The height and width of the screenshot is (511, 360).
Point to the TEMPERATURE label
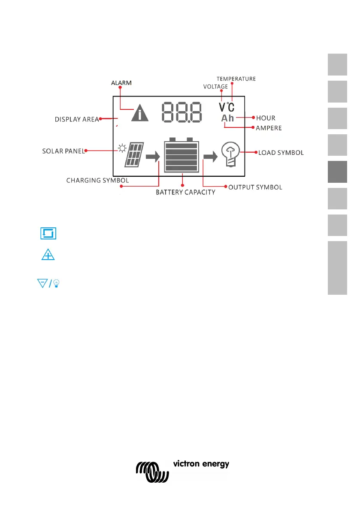tap(236, 79)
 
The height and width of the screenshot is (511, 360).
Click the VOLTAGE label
tap(215, 87)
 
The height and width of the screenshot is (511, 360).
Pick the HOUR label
tap(266, 118)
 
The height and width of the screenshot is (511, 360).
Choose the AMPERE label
tap(269, 128)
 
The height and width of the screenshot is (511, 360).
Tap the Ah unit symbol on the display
tap(228, 118)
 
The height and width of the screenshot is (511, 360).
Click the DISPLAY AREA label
tap(77, 119)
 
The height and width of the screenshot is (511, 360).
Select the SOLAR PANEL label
tap(63, 151)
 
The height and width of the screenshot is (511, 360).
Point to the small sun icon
tap(123, 149)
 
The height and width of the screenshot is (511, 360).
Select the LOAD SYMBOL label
tap(281, 152)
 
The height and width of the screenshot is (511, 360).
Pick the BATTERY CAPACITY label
tap(185, 192)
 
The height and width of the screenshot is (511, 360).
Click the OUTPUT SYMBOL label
tap(255, 187)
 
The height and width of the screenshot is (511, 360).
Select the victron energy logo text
tap(201, 464)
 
